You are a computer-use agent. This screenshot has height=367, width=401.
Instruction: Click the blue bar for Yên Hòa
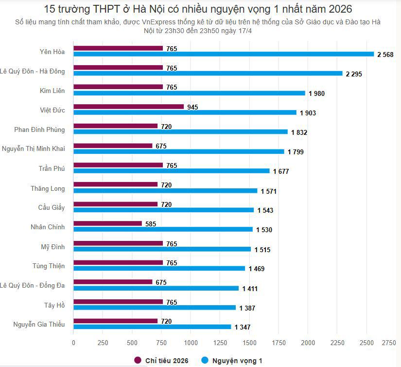[224, 54]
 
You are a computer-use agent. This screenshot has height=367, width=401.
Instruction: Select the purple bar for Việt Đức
[128, 107]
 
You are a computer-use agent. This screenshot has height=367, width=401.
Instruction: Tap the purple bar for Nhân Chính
[107, 223]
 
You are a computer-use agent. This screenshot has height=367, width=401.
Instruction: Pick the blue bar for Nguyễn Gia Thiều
[152, 327]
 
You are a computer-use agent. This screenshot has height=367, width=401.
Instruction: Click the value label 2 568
[385, 55]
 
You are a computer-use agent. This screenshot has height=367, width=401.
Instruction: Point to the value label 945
[192, 107]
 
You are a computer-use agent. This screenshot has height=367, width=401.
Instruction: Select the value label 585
[151, 224]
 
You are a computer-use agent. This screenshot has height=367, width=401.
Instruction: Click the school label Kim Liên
[52, 91]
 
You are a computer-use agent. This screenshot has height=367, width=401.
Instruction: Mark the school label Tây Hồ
[54, 305]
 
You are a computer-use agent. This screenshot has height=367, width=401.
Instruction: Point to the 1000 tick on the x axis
[191, 343]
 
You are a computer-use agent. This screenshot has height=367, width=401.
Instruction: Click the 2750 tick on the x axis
[389, 343]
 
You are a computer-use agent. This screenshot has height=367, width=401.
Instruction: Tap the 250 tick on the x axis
[103, 343]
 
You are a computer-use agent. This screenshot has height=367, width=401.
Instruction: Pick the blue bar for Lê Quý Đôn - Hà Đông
[208, 73]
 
